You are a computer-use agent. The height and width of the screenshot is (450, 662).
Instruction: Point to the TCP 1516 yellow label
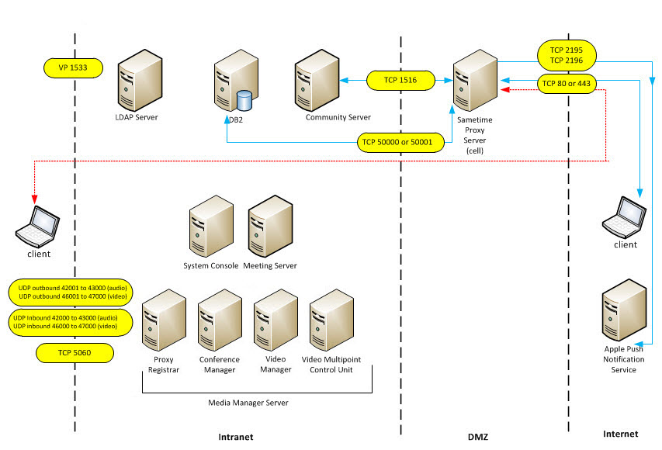point(400,80)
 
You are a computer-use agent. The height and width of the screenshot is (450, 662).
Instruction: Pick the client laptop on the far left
point(38,224)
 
